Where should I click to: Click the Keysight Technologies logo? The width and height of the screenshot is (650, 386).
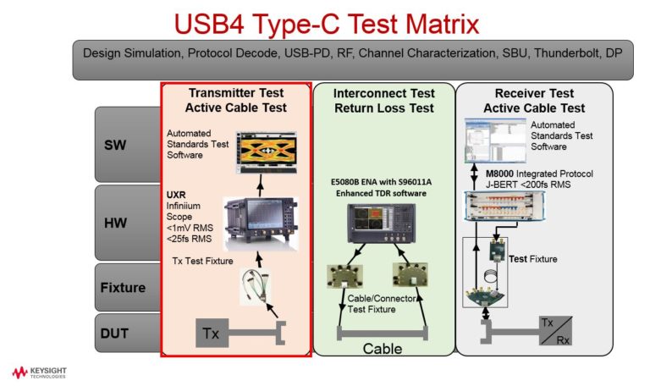point(39,372)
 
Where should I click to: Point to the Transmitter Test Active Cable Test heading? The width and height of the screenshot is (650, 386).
point(236,100)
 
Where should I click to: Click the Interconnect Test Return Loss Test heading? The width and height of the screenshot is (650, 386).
point(383,100)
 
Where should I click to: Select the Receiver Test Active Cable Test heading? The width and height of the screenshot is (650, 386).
point(533,100)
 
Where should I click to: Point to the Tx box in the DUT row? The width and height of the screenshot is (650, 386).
point(212,334)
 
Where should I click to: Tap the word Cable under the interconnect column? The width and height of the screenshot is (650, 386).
point(383,348)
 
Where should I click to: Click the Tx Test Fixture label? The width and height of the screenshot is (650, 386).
point(202,261)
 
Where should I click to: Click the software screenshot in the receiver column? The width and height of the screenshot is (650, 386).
point(488,141)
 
